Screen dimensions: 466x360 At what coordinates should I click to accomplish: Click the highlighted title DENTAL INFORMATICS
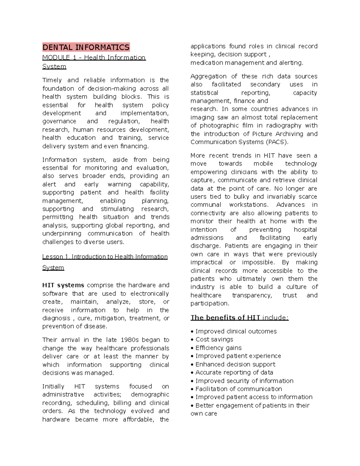pyautogui.click(x=86, y=47)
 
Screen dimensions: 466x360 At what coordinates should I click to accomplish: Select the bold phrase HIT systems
pyautogui.click(x=63, y=285)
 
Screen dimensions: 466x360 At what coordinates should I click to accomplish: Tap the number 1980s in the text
pyautogui.click(x=130, y=340)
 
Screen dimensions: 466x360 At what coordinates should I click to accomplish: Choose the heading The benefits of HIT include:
pyautogui.click(x=239, y=317)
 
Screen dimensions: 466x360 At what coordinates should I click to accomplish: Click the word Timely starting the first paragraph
pyautogui.click(x=52, y=80)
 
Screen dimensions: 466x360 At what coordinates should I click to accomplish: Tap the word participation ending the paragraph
pyautogui.click(x=209, y=303)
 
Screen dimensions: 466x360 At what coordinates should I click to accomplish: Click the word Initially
pyautogui.click(x=53, y=386)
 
